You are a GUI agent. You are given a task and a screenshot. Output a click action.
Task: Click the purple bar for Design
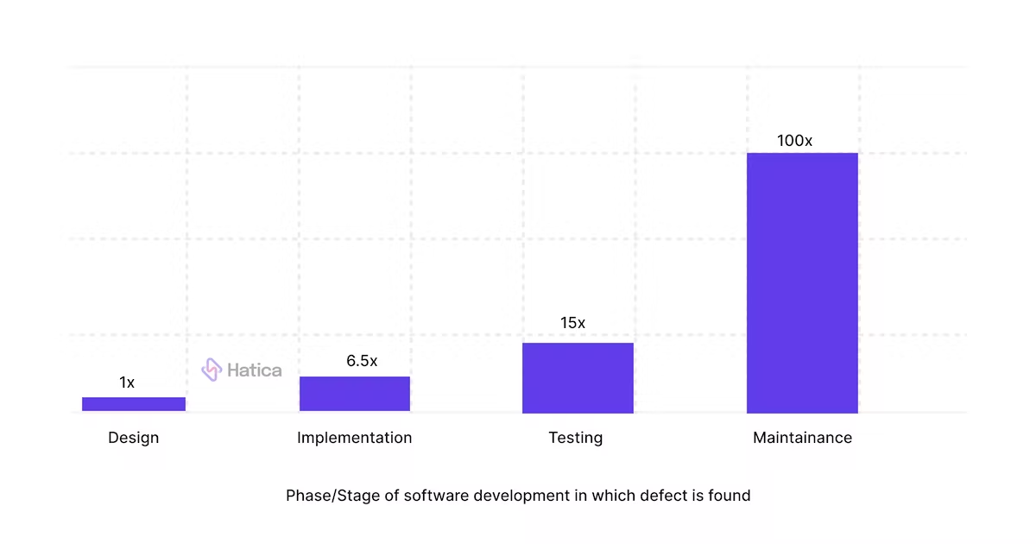(134, 403)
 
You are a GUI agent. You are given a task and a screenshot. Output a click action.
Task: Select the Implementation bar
(355, 394)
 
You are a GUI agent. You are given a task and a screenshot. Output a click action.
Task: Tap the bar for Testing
(578, 377)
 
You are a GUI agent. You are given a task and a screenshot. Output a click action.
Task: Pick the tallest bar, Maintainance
(802, 282)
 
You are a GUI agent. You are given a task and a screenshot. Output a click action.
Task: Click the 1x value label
(127, 383)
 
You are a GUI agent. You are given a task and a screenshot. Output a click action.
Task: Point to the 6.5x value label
(362, 361)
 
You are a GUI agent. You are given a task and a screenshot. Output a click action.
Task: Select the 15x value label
(572, 323)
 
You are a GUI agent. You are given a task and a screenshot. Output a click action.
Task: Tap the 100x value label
(794, 140)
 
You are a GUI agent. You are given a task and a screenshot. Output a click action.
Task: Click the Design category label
(134, 438)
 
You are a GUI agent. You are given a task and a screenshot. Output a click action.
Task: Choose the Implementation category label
(355, 438)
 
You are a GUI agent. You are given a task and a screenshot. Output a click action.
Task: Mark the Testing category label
(576, 438)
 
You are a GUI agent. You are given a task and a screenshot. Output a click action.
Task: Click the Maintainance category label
(802, 438)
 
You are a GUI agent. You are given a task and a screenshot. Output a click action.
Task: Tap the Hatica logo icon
(212, 370)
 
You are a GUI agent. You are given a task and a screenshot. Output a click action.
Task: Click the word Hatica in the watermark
(254, 370)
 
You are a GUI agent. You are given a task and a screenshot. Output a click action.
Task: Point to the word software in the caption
(432, 496)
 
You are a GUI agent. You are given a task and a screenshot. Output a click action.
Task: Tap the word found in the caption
(730, 496)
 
